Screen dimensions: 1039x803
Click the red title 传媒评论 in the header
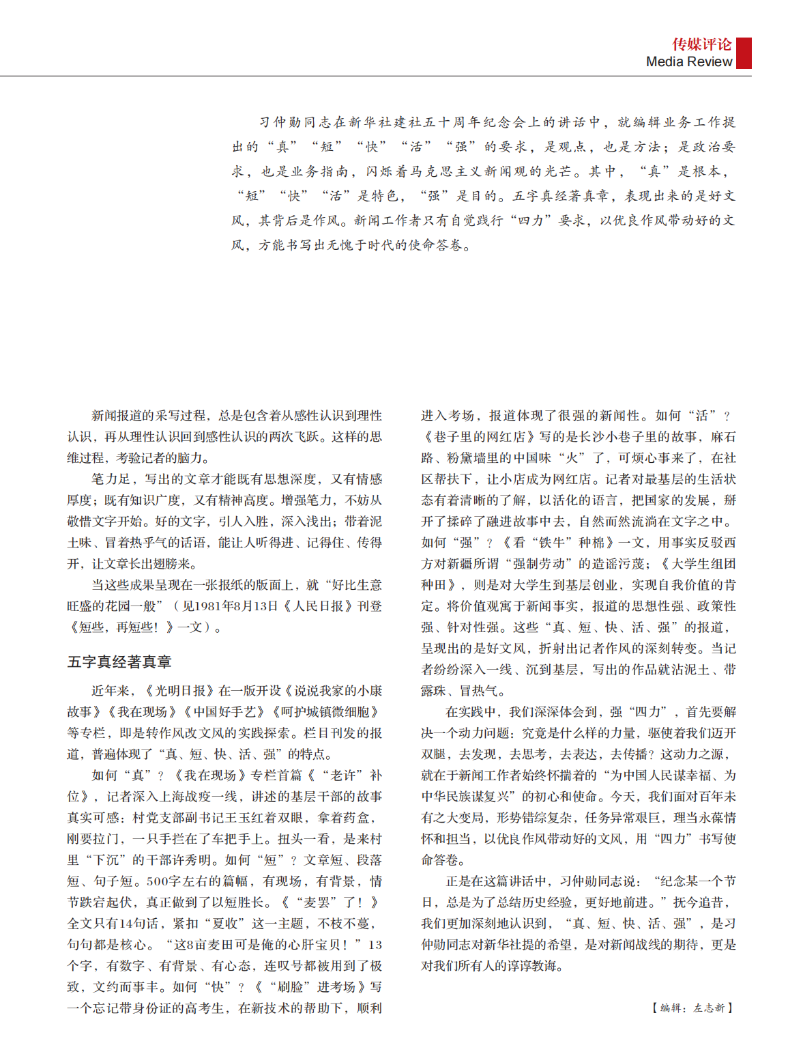pos(701,45)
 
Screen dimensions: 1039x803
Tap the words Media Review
pos(688,61)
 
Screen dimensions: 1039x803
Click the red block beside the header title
pos(744,53)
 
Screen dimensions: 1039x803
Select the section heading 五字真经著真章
pos(119,661)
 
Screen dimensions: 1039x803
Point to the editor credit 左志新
pos(709,1008)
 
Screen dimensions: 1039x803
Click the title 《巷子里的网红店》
pos(480,437)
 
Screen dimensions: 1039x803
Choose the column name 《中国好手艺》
pos(226,712)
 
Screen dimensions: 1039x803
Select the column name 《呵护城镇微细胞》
pos(326,712)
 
